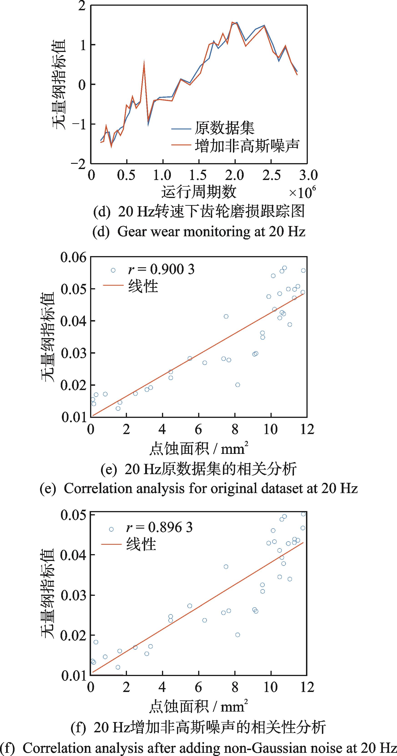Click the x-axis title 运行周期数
[198, 192]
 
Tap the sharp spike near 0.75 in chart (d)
[144, 62]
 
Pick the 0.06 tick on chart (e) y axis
[73, 257]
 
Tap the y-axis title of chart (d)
[59, 85]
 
